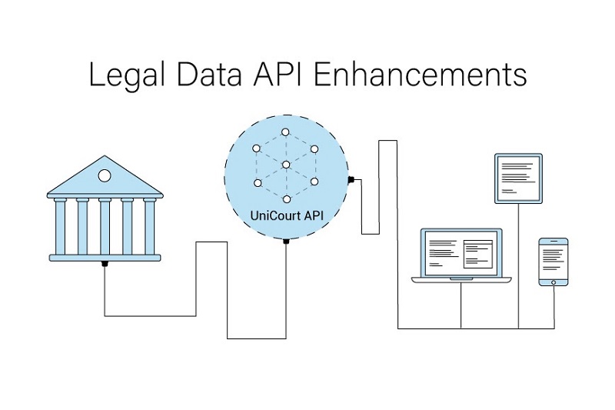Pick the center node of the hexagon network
tap(286, 165)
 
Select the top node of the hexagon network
tap(286, 132)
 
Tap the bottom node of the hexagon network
tap(286, 198)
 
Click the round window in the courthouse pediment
tap(105, 176)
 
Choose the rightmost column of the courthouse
tap(149, 226)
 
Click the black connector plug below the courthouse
tap(105, 264)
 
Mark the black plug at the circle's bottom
tap(286, 242)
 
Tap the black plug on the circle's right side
tap(350, 180)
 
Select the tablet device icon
tap(518, 178)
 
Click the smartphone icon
tap(553, 262)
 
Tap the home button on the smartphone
tap(553, 282)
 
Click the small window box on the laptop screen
tap(477, 251)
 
